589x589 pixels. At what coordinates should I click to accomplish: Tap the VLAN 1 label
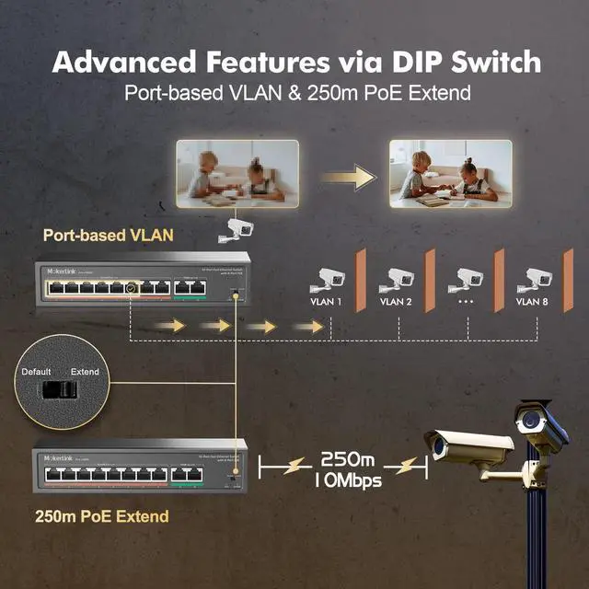[x=328, y=300]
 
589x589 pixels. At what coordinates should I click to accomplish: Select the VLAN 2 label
[x=396, y=300]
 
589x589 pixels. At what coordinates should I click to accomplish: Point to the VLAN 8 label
[x=532, y=300]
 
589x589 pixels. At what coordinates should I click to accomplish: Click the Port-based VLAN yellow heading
[x=108, y=235]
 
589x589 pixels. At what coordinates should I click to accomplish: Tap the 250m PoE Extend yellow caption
[x=101, y=516]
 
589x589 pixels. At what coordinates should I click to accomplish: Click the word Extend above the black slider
[x=85, y=372]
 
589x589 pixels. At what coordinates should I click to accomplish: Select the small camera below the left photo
[x=232, y=229]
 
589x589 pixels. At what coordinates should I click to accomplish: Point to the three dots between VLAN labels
[x=465, y=300]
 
